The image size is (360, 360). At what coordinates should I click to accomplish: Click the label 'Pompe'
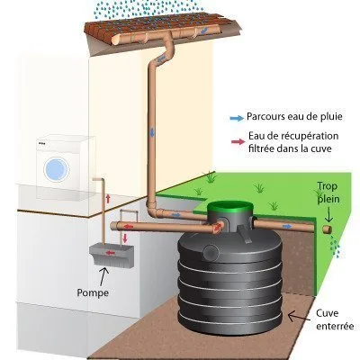[x=93, y=292]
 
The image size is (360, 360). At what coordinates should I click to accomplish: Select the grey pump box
[x=112, y=256]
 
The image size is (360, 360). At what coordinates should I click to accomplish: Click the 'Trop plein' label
[x=328, y=193]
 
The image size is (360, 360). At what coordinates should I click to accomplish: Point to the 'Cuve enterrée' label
[x=335, y=319]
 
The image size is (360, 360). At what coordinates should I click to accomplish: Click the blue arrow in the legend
[x=237, y=118]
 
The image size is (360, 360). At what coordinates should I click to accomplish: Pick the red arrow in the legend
[x=238, y=142]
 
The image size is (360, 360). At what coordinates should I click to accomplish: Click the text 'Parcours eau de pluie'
[x=294, y=116]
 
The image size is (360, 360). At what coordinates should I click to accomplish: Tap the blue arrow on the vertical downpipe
[x=152, y=132]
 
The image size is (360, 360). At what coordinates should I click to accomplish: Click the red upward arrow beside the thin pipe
[x=108, y=198]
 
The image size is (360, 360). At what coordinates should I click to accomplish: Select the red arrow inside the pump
[x=110, y=253]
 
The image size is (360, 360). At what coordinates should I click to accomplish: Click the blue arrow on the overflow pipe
[x=287, y=226]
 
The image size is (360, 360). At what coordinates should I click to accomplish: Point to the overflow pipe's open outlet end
[x=327, y=229]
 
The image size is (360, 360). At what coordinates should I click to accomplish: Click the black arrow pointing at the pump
[x=103, y=276]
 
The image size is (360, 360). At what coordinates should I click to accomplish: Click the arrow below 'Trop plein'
[x=328, y=214]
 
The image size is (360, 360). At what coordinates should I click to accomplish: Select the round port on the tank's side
[x=211, y=252]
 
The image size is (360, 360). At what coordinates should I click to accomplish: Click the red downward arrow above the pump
[x=125, y=238]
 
